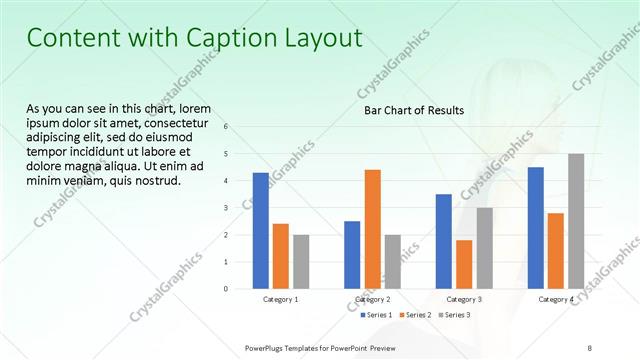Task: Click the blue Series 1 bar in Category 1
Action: point(260,230)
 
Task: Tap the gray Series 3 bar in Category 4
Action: point(576,221)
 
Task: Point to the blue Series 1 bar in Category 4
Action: point(535,227)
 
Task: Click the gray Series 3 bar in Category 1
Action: point(301,261)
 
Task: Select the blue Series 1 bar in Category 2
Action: point(352,254)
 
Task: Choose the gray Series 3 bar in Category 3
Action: point(484,248)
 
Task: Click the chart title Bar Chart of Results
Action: point(413,111)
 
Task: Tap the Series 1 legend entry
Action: point(377,315)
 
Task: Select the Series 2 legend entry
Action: point(414,315)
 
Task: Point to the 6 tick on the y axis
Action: point(226,127)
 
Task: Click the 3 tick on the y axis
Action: point(226,208)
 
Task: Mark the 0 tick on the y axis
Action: point(226,289)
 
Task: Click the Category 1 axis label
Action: point(280,299)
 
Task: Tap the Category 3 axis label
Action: point(464,299)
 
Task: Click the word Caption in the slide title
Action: point(226,38)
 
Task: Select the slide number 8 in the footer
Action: point(590,347)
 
